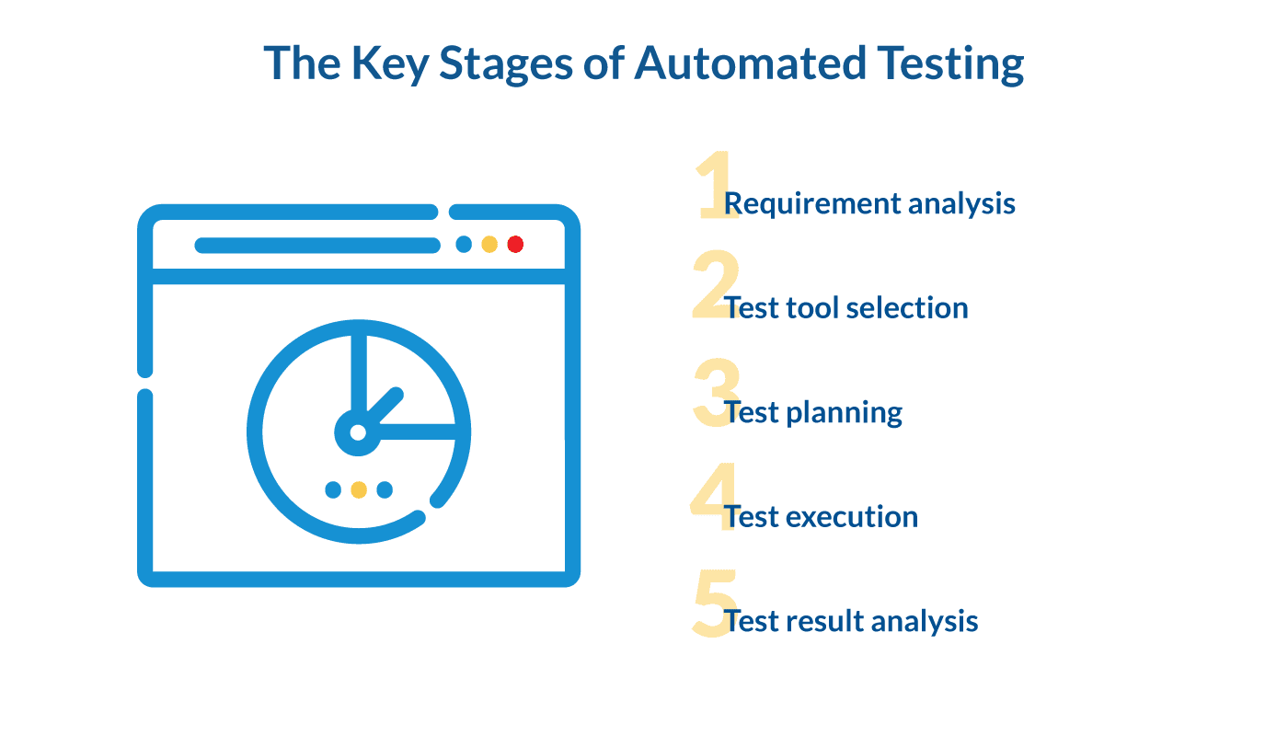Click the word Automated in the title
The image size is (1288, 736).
[749, 63]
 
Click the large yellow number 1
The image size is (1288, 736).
[714, 187]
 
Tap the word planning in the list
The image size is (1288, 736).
[844, 413]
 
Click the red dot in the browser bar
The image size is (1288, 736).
[515, 245]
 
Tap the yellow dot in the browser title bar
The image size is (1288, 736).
[489, 245]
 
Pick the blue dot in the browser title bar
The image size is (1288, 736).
[464, 245]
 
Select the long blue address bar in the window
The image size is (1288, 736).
[317, 245]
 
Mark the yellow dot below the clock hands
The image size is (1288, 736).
[359, 489]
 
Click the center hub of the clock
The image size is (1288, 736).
[358, 431]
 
